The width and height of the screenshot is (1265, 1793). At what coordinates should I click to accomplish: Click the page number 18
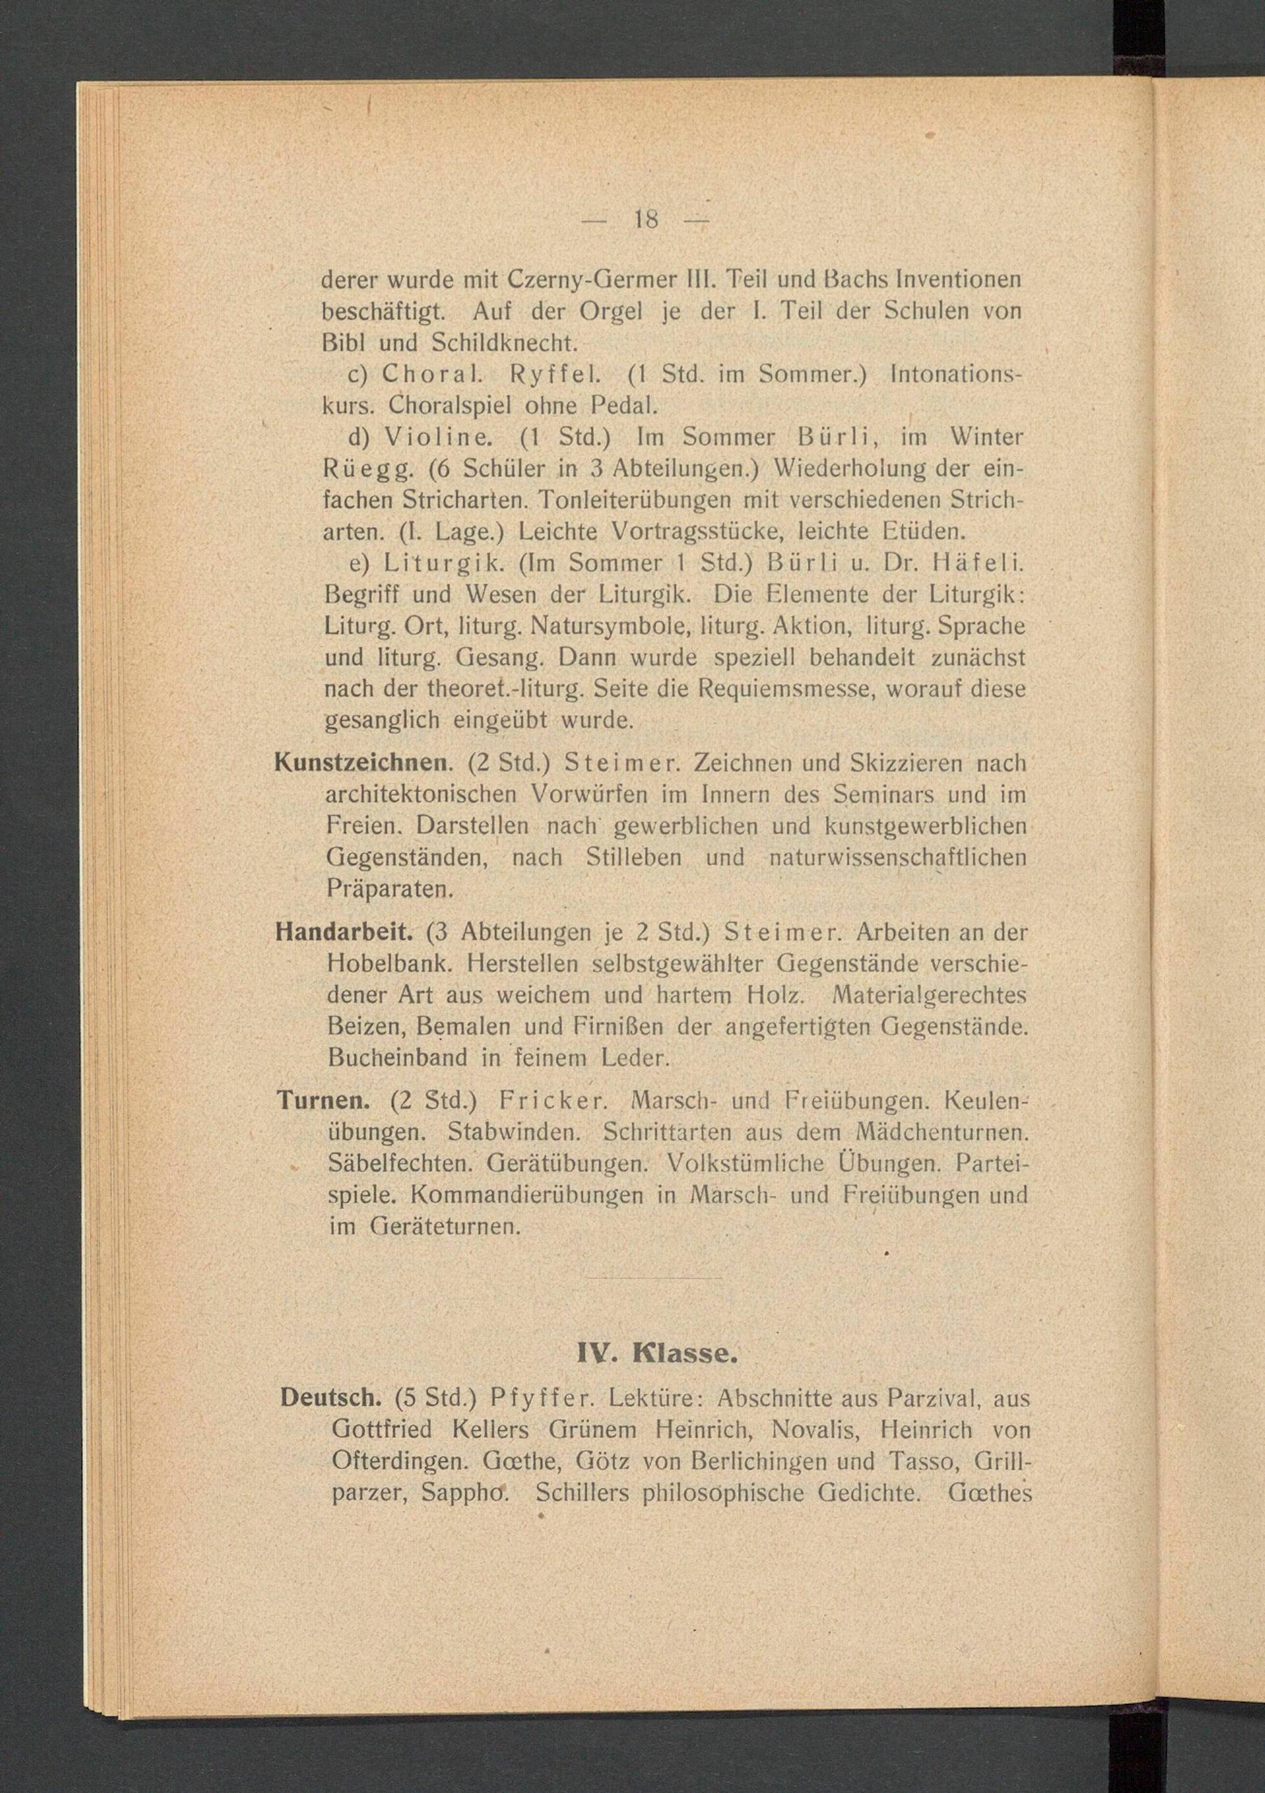coord(646,220)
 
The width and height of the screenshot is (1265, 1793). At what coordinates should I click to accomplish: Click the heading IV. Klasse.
coord(656,1353)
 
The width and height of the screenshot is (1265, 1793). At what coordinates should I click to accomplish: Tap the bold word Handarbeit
coord(343,932)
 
